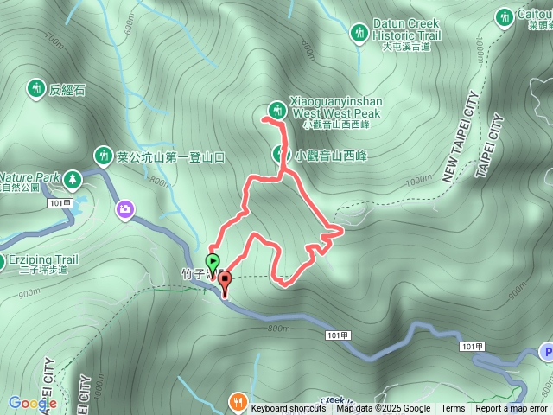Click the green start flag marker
point(213,261)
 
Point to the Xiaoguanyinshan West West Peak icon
point(277,110)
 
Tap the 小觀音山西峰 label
point(332,156)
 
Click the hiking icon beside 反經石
point(35,87)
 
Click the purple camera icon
point(126,209)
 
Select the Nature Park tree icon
point(73,179)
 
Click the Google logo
point(32,403)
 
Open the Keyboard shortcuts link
point(289,409)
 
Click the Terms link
point(453,409)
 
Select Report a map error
point(512,409)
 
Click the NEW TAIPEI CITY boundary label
point(460,138)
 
